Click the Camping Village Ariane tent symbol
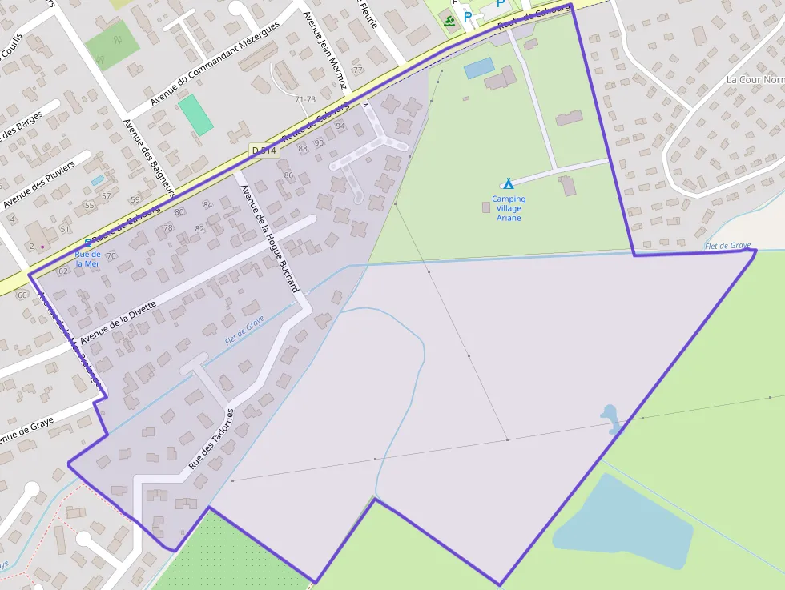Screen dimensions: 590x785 point(508,183)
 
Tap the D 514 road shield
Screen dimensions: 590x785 point(264,150)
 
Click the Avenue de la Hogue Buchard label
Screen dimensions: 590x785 point(269,237)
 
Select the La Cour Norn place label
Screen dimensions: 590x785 point(754,80)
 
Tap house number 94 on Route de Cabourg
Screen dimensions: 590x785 point(340,126)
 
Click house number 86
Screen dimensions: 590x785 point(288,175)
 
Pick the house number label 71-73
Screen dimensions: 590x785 point(305,99)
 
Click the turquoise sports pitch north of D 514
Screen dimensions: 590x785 point(196,114)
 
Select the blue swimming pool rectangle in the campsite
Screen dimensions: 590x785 point(479,69)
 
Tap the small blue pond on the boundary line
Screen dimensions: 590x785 point(610,416)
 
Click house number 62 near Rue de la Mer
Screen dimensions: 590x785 point(62,271)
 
